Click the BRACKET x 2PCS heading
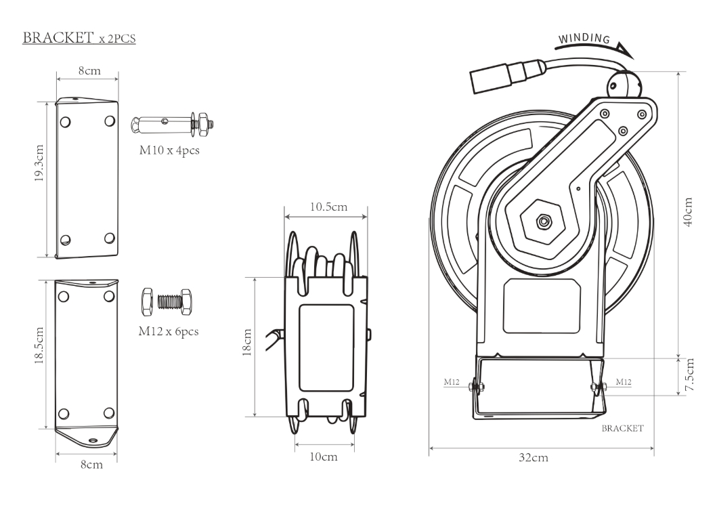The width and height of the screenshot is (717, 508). (x=79, y=38)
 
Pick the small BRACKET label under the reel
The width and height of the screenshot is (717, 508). (x=622, y=429)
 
